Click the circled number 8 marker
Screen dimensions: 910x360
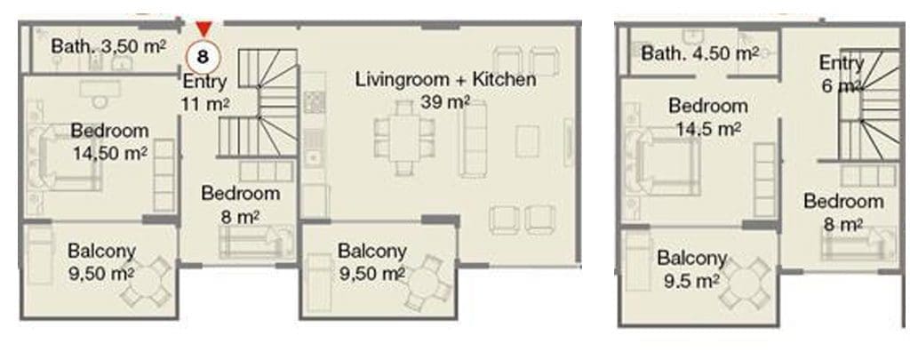pyautogui.click(x=203, y=57)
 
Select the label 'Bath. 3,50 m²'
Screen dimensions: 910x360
pyautogui.click(x=108, y=46)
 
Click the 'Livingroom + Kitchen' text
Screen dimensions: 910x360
pyautogui.click(x=446, y=79)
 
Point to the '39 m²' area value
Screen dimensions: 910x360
pyautogui.click(x=445, y=103)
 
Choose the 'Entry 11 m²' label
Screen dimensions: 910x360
pyautogui.click(x=204, y=93)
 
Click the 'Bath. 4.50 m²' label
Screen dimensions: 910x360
pyautogui.click(x=700, y=53)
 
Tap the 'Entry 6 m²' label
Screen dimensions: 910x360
pyautogui.click(x=841, y=74)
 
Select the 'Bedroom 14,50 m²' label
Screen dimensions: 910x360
pyautogui.click(x=109, y=141)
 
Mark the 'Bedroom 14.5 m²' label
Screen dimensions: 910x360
pyautogui.click(x=708, y=116)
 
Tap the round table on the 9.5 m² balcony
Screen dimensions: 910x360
pyautogui.click(x=746, y=284)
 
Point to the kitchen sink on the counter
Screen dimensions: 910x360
pyautogui.click(x=314, y=148)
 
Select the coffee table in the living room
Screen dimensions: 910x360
pyautogui.click(x=528, y=141)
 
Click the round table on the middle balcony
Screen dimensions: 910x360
pyautogui.click(x=428, y=283)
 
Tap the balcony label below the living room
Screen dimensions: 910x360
pyautogui.click(x=372, y=262)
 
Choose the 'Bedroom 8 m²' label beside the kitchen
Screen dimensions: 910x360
pyautogui.click(x=240, y=204)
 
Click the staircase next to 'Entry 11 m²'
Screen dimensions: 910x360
pyautogui.click(x=259, y=103)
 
